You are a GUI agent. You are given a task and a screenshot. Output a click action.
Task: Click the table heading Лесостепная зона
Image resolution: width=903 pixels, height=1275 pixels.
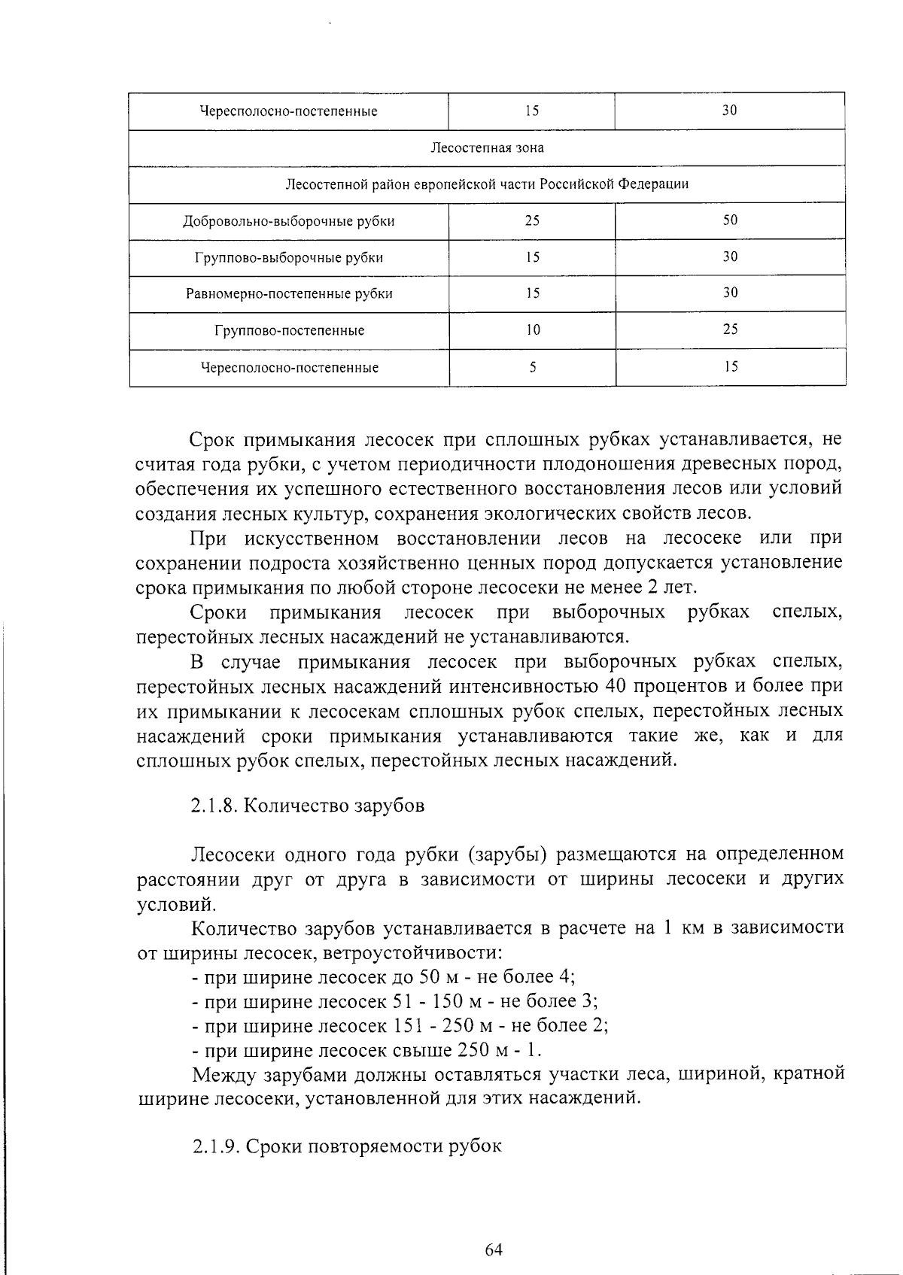coord(487,147)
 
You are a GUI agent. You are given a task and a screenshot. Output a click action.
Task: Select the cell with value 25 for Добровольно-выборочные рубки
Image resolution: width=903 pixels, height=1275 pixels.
coord(532,220)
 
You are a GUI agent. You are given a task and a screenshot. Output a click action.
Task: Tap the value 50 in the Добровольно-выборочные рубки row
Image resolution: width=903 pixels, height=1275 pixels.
coord(730,220)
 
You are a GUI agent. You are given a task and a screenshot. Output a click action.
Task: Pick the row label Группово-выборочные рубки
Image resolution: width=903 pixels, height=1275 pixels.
coord(289,258)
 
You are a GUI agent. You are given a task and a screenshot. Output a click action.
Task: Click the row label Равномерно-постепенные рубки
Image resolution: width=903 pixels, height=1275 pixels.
coord(289,294)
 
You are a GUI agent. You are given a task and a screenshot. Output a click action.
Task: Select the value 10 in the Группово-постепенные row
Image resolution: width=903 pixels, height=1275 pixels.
coord(532,329)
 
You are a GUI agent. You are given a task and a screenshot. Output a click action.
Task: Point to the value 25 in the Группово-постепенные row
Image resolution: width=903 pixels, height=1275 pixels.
coord(730,329)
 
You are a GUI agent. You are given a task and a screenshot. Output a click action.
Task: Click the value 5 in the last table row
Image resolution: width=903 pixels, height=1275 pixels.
coord(532,367)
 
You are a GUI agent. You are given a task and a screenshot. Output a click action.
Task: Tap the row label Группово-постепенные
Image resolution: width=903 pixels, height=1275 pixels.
coord(289,331)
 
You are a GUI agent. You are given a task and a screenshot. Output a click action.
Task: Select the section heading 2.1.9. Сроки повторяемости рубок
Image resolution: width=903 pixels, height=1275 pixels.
coord(346,1147)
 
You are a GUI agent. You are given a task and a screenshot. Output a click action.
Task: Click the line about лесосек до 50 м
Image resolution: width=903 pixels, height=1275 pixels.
coord(384,977)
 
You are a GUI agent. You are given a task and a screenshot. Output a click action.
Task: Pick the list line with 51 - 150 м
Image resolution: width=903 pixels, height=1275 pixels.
coord(395,1001)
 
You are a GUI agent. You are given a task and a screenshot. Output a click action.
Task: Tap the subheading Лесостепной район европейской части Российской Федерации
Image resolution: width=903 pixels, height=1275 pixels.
coord(487,184)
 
